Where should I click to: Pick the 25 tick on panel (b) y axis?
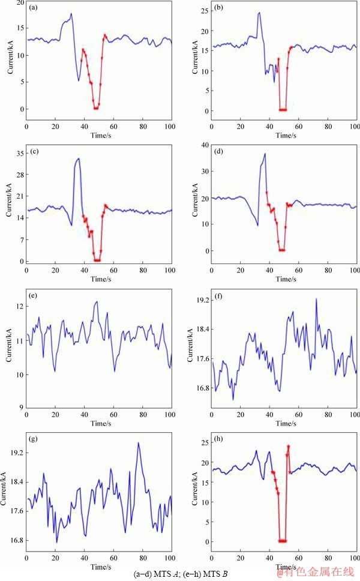point(205,11)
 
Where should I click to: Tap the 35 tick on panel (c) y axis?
point(20,153)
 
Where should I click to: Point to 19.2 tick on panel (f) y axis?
point(200,300)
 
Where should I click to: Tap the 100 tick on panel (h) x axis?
point(355,558)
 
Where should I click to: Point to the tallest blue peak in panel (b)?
point(259,13)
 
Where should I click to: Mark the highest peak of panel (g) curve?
point(138,443)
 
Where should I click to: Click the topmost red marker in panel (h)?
point(289,447)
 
